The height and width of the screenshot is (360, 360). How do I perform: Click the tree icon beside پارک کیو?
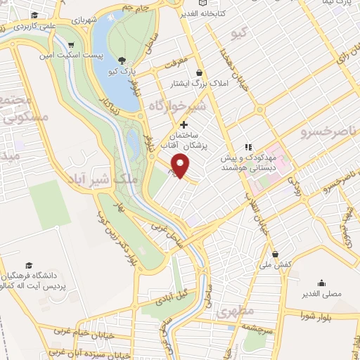123,60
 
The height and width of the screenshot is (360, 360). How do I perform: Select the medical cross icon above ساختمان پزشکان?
184,124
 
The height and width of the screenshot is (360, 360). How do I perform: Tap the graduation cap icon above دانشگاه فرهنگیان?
29,266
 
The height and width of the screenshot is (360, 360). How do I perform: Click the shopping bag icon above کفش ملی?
274,254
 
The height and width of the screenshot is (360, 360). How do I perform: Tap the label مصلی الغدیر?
321,293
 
